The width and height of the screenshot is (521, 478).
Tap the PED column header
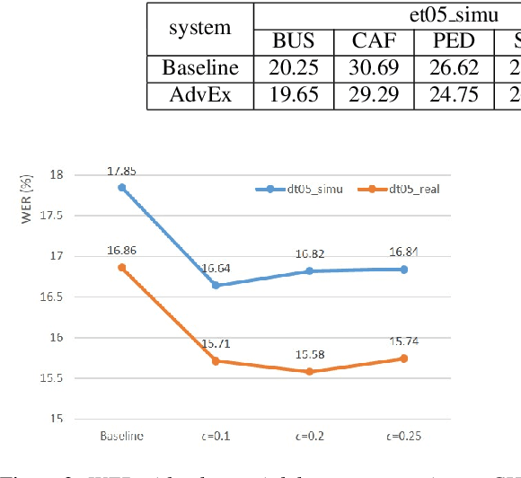(453, 42)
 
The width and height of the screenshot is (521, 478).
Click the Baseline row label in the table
(200, 68)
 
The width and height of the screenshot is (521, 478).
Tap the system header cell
(200, 29)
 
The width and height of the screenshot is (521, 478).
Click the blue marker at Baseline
(121, 188)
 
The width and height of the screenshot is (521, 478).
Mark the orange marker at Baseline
(121, 268)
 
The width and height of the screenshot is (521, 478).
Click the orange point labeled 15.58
(310, 371)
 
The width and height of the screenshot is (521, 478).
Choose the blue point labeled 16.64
(216, 285)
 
